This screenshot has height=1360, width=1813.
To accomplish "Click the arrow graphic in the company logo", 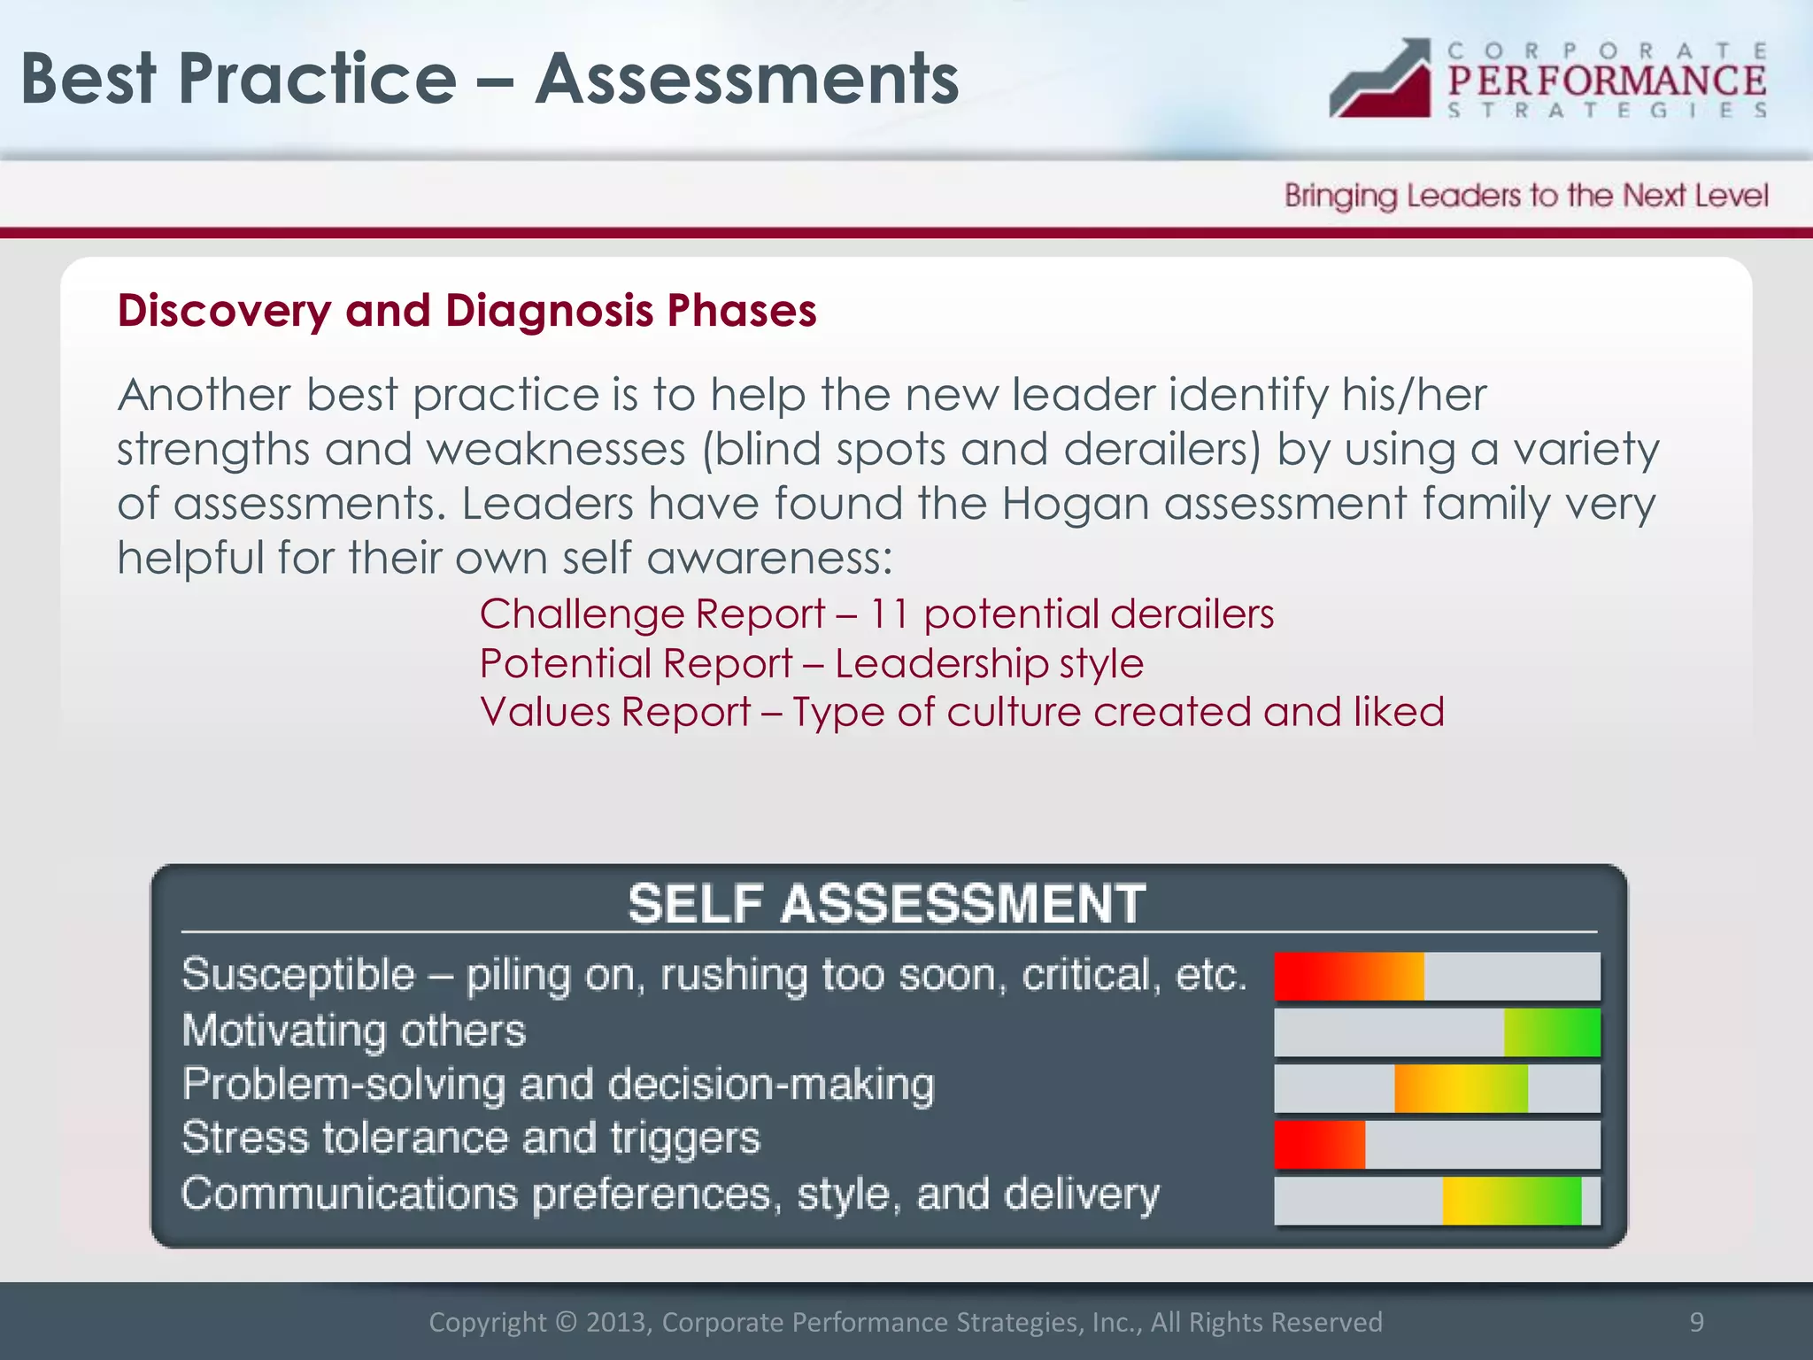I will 1381,80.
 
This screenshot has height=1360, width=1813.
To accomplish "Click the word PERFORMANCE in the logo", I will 1607,81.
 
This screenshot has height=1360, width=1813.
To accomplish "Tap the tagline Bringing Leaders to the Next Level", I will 1526,195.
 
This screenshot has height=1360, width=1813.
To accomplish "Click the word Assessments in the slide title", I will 747,80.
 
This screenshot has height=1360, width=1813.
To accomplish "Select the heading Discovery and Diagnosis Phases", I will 467,311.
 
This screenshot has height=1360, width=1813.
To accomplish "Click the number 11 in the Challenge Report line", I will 889,614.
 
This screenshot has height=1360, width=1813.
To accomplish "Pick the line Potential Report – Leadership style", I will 811,663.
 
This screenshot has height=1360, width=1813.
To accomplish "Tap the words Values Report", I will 615,712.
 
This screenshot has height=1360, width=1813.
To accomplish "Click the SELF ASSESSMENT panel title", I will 887,904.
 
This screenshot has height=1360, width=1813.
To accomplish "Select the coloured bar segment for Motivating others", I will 1552,1032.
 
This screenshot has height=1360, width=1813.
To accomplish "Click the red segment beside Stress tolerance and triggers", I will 1319,1144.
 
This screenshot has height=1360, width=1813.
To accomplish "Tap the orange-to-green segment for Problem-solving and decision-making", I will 1461,1088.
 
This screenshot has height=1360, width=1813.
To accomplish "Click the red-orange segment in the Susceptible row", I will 1348,976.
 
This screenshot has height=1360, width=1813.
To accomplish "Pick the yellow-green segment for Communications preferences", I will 1511,1201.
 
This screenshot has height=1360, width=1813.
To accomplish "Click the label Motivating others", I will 353,1031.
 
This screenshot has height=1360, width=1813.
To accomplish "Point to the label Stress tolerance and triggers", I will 470,1138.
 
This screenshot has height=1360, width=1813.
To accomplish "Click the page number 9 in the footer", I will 1696,1321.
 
